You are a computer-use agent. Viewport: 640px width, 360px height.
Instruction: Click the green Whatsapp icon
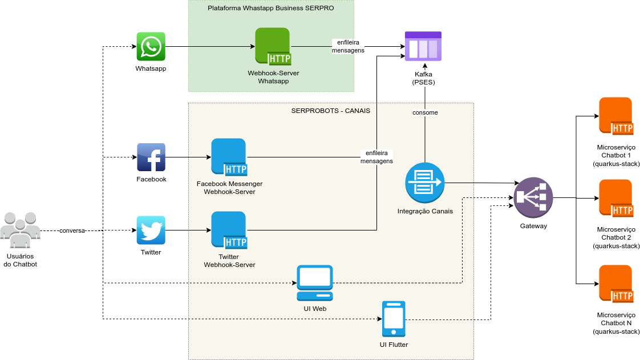point(151,46)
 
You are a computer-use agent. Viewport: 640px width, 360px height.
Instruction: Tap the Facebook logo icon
point(151,157)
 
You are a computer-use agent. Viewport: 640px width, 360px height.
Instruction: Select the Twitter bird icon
point(151,230)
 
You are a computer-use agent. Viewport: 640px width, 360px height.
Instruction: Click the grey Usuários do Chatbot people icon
point(21,229)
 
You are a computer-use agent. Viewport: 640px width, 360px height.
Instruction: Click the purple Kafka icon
point(423,46)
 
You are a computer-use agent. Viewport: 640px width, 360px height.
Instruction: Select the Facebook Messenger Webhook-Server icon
point(229,157)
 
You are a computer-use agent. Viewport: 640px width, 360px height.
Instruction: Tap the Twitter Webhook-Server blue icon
point(229,230)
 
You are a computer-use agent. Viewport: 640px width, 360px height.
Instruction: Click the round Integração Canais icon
point(425,183)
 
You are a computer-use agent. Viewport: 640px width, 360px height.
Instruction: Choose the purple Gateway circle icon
point(533,198)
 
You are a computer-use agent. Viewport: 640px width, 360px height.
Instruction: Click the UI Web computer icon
point(315,282)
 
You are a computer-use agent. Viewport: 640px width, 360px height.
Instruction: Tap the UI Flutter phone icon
point(394,318)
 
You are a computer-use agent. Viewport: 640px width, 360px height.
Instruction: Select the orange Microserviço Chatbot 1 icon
point(616,116)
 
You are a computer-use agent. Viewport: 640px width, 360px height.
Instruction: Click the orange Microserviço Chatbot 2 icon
point(616,199)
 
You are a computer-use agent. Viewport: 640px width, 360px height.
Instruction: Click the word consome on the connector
point(425,112)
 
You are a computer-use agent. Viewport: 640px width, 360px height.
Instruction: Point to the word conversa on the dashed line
point(72,230)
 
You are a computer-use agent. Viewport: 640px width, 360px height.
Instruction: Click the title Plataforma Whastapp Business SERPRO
point(271,9)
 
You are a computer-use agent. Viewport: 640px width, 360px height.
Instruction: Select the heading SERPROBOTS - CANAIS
point(331,111)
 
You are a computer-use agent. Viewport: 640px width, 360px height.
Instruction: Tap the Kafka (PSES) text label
point(423,78)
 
